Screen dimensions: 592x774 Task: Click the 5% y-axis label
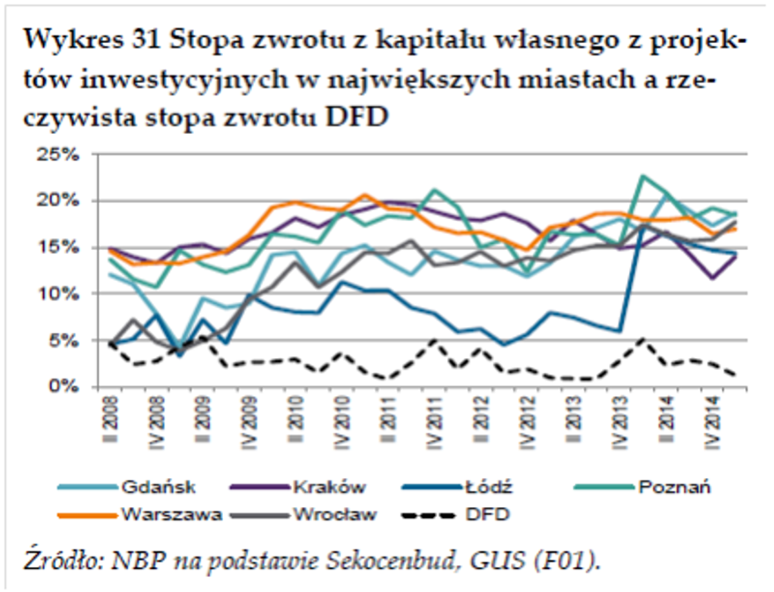point(67,341)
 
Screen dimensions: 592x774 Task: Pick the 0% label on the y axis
point(67,387)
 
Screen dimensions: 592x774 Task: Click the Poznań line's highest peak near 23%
point(643,176)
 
